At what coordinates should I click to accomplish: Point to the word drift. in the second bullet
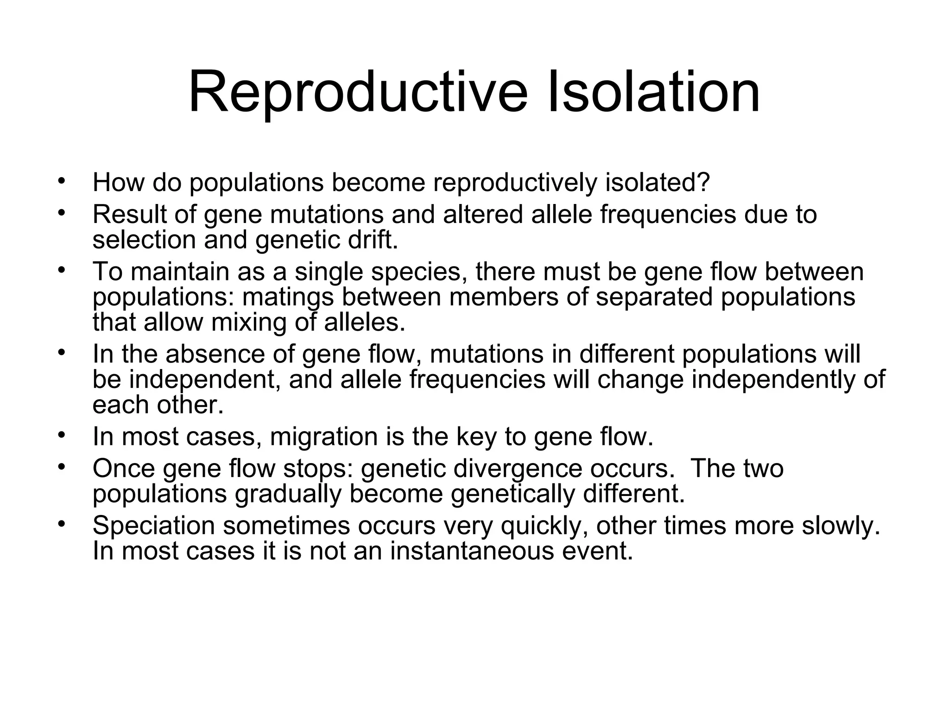[373, 240]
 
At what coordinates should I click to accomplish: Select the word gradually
[288, 494]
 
